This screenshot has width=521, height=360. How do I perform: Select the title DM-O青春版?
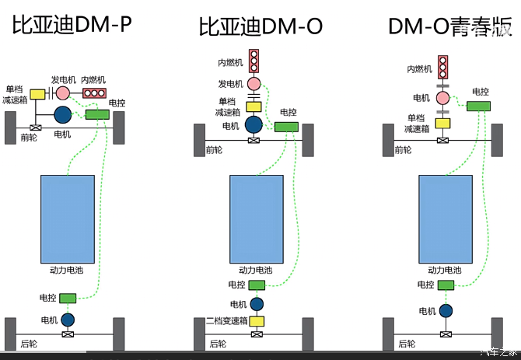(450, 26)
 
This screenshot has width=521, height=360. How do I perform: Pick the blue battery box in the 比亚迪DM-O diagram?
(257, 218)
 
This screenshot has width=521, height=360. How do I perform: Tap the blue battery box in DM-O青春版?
(446, 218)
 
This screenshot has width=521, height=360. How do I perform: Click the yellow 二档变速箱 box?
(256, 321)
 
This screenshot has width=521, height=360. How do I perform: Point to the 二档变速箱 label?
(226, 321)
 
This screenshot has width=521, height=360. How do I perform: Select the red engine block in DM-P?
(95, 93)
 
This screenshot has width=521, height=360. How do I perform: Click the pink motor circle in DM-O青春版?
(443, 97)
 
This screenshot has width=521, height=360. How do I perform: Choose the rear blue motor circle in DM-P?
(68, 319)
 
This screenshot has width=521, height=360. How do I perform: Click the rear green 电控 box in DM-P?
(68, 298)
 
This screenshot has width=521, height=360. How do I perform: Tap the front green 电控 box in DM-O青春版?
(478, 106)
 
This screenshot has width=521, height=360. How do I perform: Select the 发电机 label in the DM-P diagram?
(63, 79)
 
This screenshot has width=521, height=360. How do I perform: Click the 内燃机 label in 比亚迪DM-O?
(231, 61)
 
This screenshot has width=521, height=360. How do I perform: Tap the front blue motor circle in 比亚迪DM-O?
(254, 124)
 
